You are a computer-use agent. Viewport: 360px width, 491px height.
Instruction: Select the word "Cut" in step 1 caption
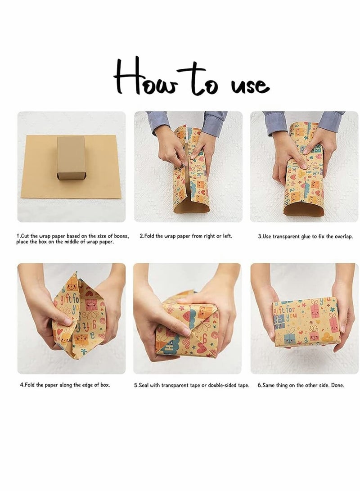click(x=25, y=236)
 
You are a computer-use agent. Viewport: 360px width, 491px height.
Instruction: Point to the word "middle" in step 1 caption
click(x=72, y=242)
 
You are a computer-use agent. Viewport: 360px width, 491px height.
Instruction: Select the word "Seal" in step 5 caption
click(x=144, y=385)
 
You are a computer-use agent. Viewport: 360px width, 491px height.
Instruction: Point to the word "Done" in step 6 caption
click(x=337, y=385)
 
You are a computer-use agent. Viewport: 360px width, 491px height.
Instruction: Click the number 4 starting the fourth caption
click(x=22, y=385)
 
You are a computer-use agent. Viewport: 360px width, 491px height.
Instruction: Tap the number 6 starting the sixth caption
click(x=259, y=385)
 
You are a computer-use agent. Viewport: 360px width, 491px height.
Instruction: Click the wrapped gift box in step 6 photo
click(x=306, y=323)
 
